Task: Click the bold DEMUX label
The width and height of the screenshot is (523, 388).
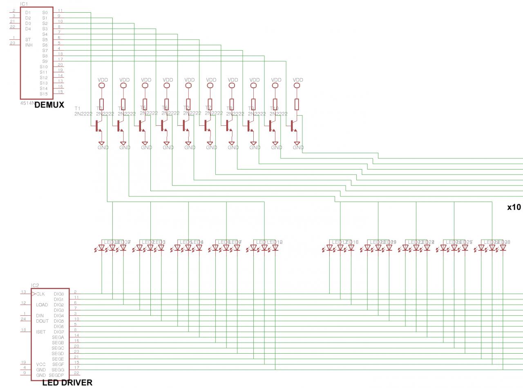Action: pyautogui.click(x=49, y=105)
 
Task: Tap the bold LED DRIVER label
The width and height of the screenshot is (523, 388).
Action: pyautogui.click(x=67, y=383)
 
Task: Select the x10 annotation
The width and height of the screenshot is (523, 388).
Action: pyautogui.click(x=514, y=207)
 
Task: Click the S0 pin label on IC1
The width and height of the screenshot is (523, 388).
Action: pyautogui.click(x=45, y=13)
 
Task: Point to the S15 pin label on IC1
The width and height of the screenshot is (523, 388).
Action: pyautogui.click(x=44, y=94)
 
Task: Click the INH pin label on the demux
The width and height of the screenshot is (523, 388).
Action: pyautogui.click(x=29, y=45)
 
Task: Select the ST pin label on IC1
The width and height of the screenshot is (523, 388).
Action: pyautogui.click(x=28, y=40)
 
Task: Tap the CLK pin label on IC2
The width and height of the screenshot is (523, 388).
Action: pyautogui.click(x=40, y=294)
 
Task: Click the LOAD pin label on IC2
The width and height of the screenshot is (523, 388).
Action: pyautogui.click(x=42, y=305)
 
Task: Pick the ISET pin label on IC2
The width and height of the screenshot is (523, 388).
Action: pyautogui.click(x=41, y=332)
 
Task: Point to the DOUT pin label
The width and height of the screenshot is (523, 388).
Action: pyautogui.click(x=42, y=321)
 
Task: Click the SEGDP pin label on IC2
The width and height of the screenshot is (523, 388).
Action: pyautogui.click(x=56, y=375)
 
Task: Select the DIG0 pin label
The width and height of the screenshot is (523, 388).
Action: pyautogui.click(x=58, y=294)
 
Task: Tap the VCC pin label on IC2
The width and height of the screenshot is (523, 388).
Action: pyautogui.click(x=40, y=364)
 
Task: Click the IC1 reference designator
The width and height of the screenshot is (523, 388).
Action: pyautogui.click(x=25, y=4)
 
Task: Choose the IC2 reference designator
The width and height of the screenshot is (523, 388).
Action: pyautogui.click(x=35, y=285)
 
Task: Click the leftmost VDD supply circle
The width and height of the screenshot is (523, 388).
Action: pyautogui.click(x=101, y=86)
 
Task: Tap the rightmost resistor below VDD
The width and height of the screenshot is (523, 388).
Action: pyautogui.click(x=297, y=104)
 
